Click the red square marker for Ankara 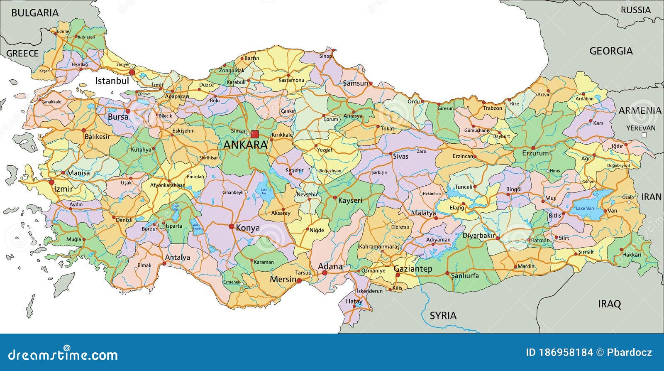255,134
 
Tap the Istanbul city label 112,81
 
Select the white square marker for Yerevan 644,135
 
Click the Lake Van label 584,208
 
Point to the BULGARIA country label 35,13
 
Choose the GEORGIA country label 611,51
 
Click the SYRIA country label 443,315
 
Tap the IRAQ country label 609,304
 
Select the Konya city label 247,228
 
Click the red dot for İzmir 51,182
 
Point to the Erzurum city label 535,153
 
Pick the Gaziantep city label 413,269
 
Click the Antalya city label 177,257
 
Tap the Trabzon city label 493,108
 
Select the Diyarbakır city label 479,236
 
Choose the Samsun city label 355,83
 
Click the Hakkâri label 632,254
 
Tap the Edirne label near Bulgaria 63,32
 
